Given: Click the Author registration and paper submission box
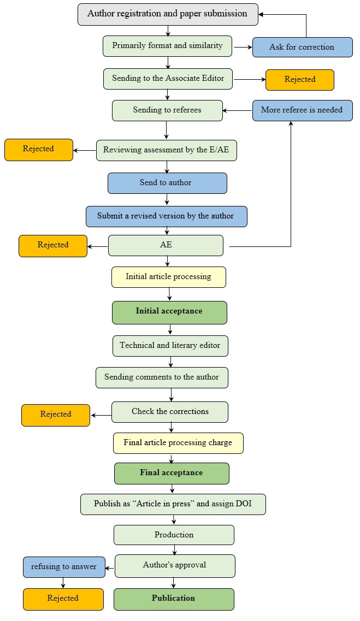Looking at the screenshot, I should [168, 14].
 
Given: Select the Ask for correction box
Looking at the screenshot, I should [302, 47].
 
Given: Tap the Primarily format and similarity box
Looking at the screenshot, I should [167, 46].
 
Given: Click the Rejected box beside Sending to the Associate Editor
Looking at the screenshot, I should [299, 79].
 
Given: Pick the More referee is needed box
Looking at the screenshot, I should [302, 110].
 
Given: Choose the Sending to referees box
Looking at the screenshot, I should [167, 110].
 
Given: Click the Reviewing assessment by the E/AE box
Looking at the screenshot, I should [167, 150].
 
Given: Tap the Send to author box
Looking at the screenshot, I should [167, 183].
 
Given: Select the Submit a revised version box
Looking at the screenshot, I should [166, 216].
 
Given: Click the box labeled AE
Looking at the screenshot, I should [166, 245].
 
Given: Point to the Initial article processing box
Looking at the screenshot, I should [168, 277].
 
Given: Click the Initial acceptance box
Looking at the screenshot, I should [169, 312].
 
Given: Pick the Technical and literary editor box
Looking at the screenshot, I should [170, 346].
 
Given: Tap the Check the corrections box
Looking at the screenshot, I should [170, 412].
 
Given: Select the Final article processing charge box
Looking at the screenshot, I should [178, 443].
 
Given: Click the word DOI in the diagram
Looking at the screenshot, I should [243, 504].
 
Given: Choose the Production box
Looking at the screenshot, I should [174, 535].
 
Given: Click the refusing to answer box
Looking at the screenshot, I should [63, 567].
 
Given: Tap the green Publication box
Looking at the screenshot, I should [174, 599].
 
